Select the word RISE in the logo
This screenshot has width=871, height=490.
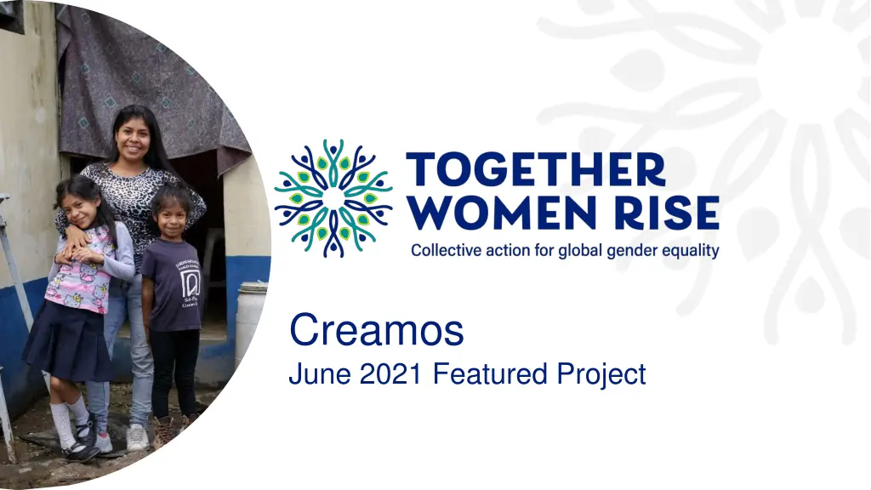coord(671,213)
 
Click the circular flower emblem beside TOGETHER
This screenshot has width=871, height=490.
coord(333,197)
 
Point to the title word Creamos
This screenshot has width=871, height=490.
coord(376,330)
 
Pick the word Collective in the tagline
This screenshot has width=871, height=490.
coord(445,251)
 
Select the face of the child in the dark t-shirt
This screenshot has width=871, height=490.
coord(171,218)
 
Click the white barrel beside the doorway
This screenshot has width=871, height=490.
coord(250,323)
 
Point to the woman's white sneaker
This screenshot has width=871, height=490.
coord(136,438)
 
